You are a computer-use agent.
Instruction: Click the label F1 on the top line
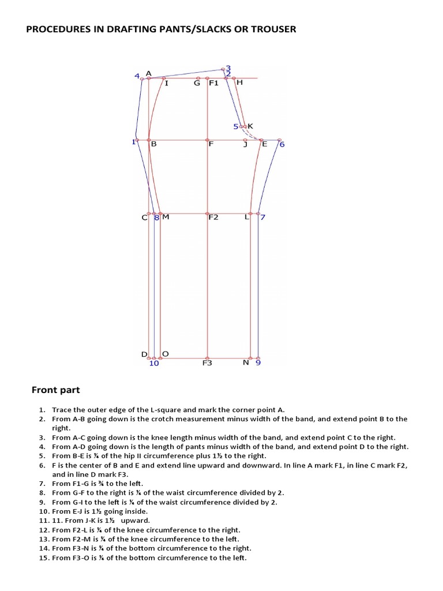pos(213,83)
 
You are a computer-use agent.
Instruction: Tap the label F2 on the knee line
pos(213,218)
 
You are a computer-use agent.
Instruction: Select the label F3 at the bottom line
pos(207,364)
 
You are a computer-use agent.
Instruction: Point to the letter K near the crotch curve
pos(250,126)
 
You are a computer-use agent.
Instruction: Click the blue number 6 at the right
pos(282,144)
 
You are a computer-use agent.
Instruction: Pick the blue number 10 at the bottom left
pos(154,364)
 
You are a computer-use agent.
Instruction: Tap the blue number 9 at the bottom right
pos(258,364)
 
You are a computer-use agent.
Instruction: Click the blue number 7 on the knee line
pos(262,218)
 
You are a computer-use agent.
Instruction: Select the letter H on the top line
pos(239,83)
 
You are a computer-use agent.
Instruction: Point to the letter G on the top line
pos(197,83)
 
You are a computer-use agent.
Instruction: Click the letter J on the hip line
pos(245,144)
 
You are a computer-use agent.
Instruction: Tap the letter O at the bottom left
pos(166,353)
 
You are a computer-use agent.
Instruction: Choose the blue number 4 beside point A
pos(137,76)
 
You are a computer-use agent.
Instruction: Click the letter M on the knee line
pos(166,218)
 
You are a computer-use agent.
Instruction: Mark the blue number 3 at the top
pos(228,68)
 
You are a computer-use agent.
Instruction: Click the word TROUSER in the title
pos(272,29)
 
